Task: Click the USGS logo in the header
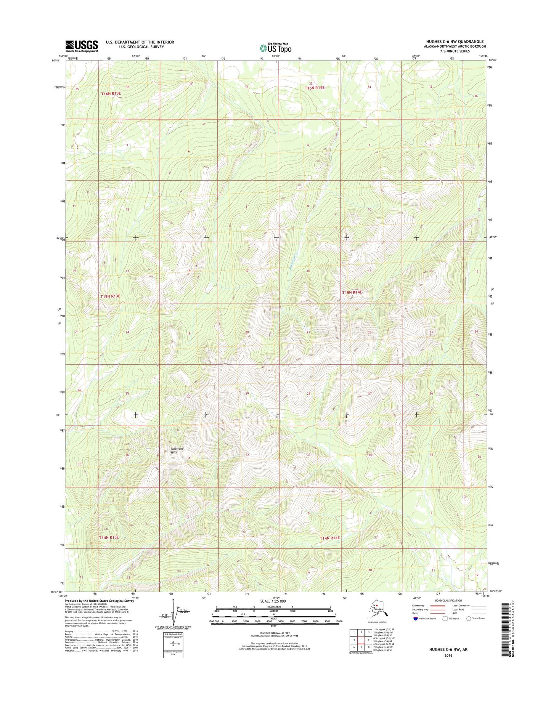(81, 46)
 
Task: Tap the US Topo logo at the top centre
(275, 48)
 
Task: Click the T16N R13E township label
(111, 93)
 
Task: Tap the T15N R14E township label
(352, 292)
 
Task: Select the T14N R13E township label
(109, 537)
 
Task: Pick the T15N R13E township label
(110, 296)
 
